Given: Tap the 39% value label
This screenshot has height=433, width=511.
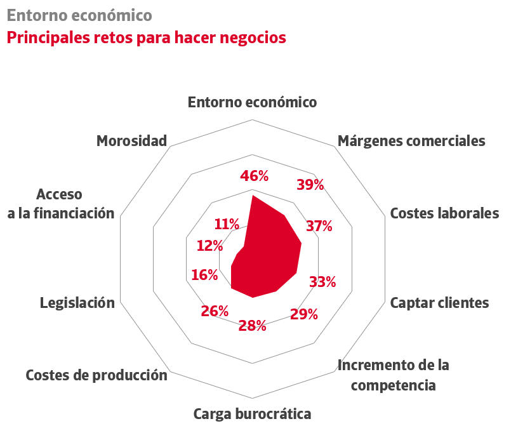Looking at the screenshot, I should (x=310, y=185).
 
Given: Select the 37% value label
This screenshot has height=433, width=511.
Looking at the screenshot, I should (x=319, y=225).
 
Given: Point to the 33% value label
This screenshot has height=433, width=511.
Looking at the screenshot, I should (x=322, y=282).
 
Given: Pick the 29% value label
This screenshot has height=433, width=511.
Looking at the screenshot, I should (x=303, y=314).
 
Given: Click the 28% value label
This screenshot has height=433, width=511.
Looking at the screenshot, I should (x=252, y=326).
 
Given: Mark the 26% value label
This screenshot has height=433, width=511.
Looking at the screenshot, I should (x=215, y=311).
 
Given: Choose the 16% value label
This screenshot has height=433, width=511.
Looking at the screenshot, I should (x=204, y=275).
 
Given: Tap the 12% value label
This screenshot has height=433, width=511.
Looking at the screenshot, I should (x=209, y=245).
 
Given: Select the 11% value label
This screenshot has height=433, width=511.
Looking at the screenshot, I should (x=227, y=224).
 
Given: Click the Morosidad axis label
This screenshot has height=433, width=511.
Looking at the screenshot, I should (x=131, y=141).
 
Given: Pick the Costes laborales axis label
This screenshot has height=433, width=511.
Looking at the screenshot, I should (x=444, y=213).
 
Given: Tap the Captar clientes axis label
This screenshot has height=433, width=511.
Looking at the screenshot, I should (x=439, y=303).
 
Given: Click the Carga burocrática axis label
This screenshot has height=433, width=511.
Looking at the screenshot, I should (x=252, y=415).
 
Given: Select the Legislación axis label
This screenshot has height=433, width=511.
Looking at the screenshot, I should (x=77, y=303).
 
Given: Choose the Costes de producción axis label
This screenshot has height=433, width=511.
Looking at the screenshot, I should (x=96, y=375).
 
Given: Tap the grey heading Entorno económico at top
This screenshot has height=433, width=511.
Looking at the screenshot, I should (x=79, y=14).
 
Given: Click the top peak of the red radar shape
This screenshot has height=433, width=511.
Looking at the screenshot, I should (x=253, y=196).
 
